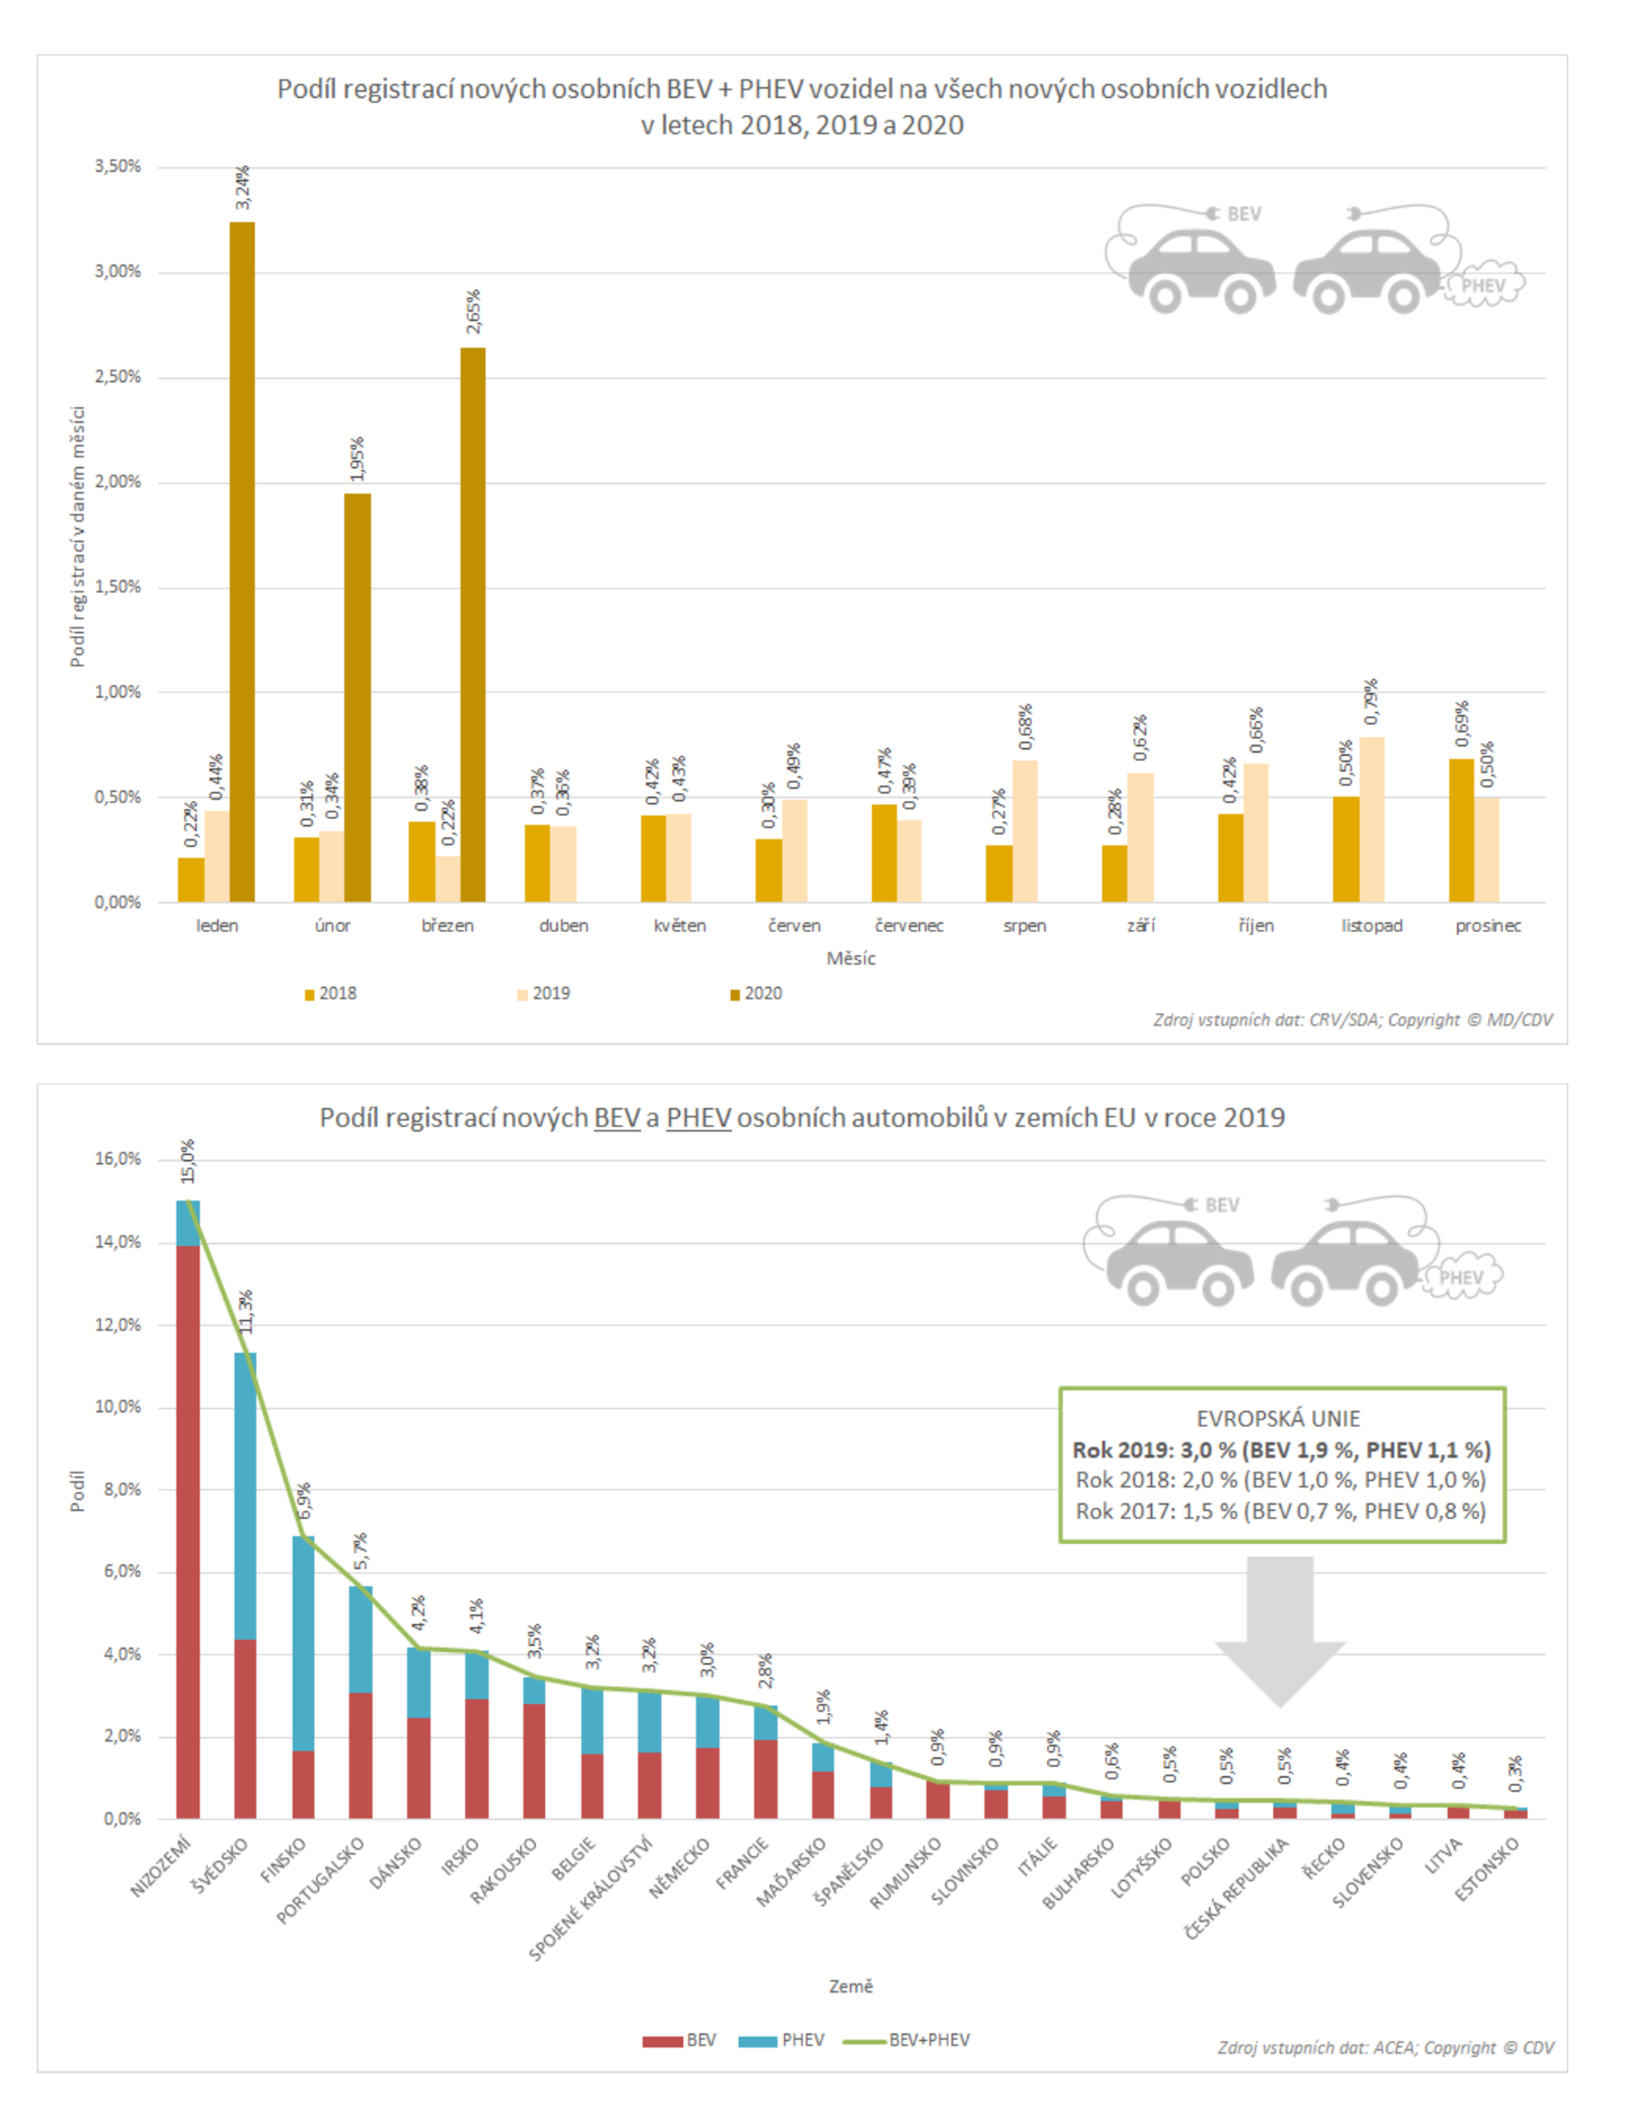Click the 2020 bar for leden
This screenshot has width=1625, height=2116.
(242, 561)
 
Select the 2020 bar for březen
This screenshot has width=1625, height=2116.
(473, 624)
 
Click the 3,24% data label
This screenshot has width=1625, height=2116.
(243, 188)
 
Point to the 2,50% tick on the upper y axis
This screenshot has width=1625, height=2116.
(118, 377)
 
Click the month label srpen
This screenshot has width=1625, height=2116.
(1024, 925)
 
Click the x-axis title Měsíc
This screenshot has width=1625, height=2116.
(850, 958)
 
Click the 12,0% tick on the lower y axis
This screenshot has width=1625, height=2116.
(118, 1325)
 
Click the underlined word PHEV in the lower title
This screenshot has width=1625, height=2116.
(698, 1118)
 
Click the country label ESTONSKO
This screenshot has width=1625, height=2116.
(1488, 1868)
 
